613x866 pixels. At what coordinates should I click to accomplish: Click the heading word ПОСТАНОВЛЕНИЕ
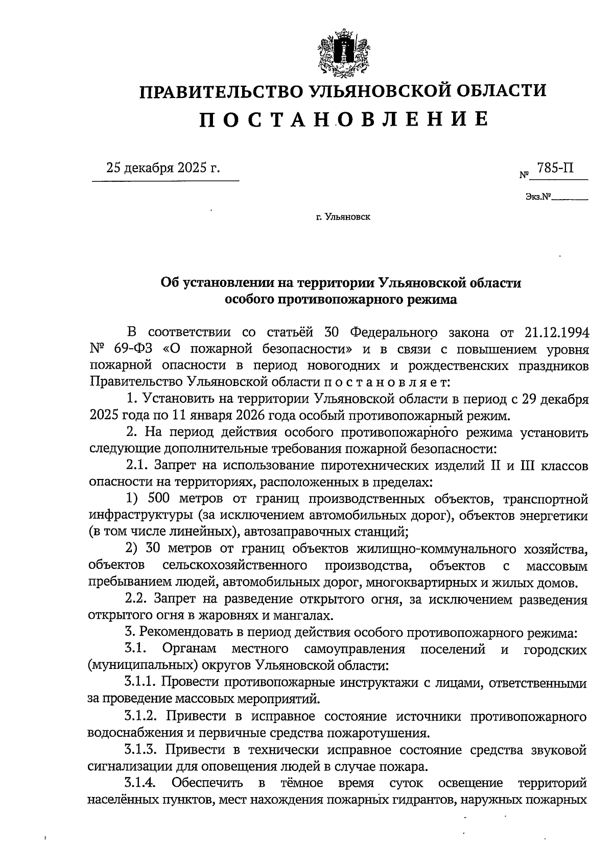(x=343, y=119)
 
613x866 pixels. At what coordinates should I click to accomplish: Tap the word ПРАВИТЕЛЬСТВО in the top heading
(x=222, y=91)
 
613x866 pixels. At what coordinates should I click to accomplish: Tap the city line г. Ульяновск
(x=343, y=217)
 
